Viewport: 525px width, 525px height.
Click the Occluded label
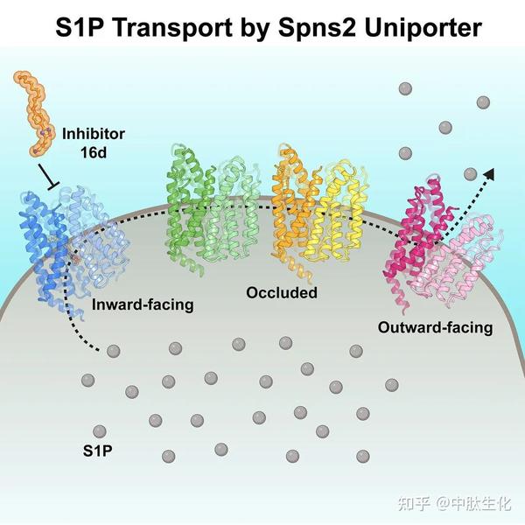pos(281,291)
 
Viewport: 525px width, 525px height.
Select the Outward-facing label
pos(435,328)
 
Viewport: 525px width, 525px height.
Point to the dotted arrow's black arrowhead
pos(488,174)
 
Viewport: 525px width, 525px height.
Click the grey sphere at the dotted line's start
pos(113,351)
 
